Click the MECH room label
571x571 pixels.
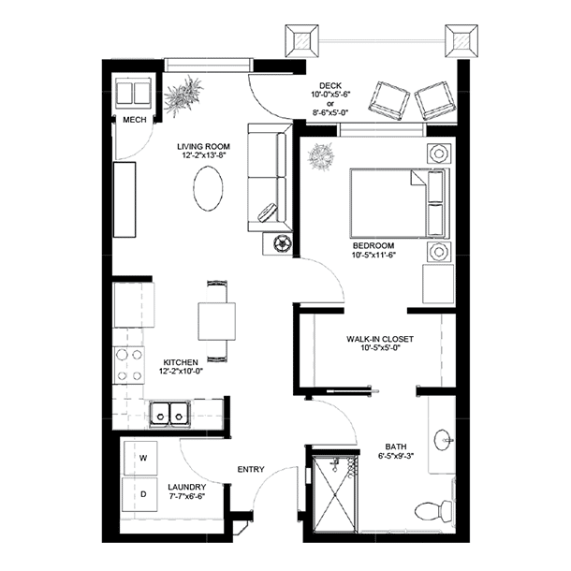[x=135, y=120]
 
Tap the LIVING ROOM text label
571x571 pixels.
[x=203, y=147]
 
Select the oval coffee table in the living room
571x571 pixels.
[x=208, y=188]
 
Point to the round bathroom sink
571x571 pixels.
[x=443, y=440]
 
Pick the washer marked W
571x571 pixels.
[x=140, y=458]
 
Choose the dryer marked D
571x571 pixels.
[x=139, y=494]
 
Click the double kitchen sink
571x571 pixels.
[x=170, y=415]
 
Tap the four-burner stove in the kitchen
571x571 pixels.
[x=129, y=365]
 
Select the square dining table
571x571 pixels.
[x=216, y=321]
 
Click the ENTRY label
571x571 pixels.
[x=251, y=469]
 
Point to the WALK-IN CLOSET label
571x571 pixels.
[x=380, y=339]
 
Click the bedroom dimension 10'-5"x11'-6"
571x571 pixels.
[x=373, y=255]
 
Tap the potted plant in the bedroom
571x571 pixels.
[x=321, y=157]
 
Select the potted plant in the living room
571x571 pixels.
[x=183, y=96]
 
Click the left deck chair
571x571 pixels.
[x=388, y=101]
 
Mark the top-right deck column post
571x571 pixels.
[x=461, y=41]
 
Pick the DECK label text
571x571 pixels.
[x=330, y=86]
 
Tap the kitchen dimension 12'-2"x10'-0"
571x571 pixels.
[x=181, y=372]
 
